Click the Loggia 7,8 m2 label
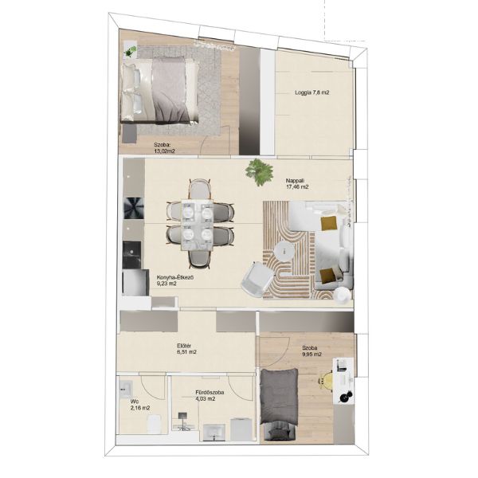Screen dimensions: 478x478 [x=311, y=92]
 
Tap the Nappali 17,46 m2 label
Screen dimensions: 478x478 [x=297, y=184]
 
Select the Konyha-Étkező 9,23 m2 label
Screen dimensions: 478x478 [x=175, y=280]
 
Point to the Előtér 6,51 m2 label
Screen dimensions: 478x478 [x=186, y=349]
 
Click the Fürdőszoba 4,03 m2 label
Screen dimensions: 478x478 [x=210, y=395]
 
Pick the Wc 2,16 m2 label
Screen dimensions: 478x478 [x=140, y=405]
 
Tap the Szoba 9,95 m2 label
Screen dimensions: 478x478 [x=311, y=351]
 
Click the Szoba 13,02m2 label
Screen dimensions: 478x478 [x=165, y=147]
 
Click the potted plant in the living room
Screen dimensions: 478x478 [x=259, y=171]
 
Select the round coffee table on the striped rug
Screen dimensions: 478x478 [x=284, y=252]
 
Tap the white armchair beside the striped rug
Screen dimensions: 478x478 [x=257, y=279]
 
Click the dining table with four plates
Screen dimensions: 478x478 [x=197, y=225]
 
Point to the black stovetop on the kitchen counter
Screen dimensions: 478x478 [x=133, y=208]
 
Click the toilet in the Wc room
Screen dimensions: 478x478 [x=155, y=424]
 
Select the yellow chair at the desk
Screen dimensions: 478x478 [x=326, y=381]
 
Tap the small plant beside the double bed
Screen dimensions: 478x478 [x=131, y=51]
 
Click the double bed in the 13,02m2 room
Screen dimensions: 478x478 [x=160, y=91]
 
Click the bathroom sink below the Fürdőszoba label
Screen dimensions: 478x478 [x=214, y=433]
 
